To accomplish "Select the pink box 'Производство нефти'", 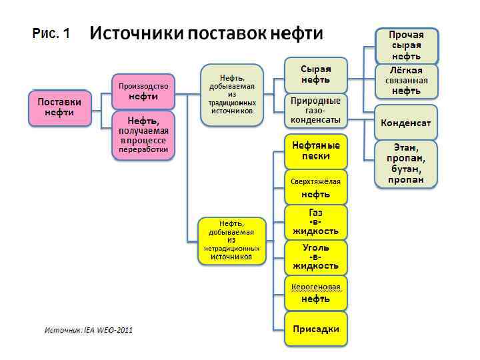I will pos(143,92).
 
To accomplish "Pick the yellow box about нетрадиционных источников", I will pos(231,240).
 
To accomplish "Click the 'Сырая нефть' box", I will pos(315,75).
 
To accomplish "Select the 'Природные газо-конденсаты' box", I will pos(315,111).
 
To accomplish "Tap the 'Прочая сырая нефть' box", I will pos(406,45).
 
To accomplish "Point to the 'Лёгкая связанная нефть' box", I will pos(406,80).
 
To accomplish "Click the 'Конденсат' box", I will pos(406,123).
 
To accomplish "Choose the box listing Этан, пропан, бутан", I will pos(406,163).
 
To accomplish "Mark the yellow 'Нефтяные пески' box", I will pos(315,151).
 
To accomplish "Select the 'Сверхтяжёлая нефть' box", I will pos(315,187).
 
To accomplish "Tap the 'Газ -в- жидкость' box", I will pos(315,223).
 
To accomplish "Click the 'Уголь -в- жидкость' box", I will pos(315,257).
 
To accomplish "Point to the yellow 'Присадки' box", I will pos(315,329).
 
